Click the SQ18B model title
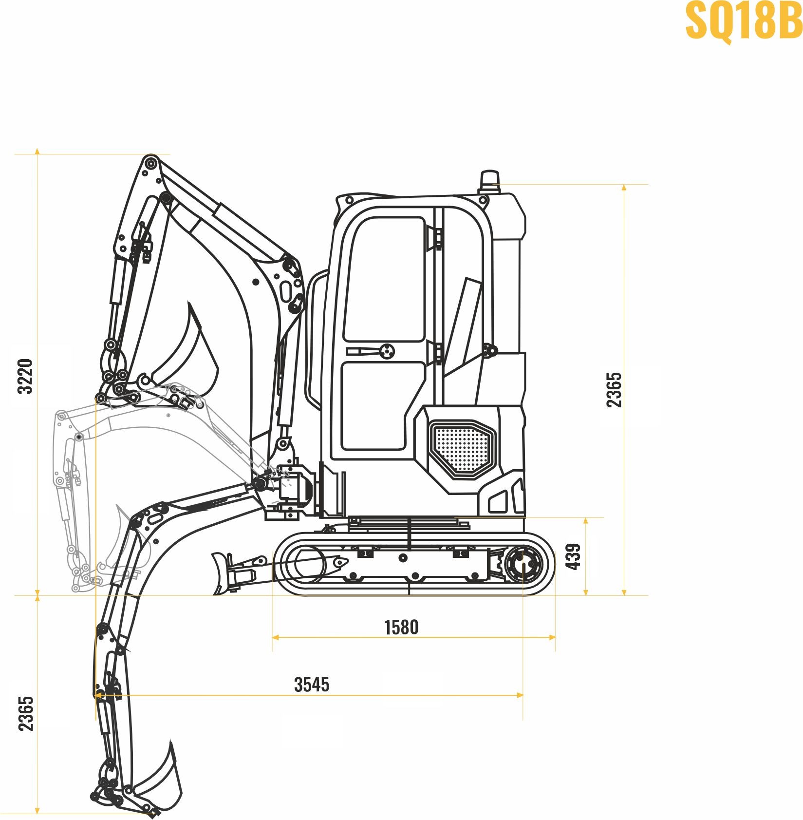point(744,20)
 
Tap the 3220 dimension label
point(25,376)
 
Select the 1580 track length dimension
point(401,628)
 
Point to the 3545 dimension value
point(312,685)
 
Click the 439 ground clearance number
point(573,556)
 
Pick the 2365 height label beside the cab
point(614,389)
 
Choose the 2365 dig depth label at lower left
point(26,713)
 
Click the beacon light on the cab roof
point(489,181)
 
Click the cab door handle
point(371,351)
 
